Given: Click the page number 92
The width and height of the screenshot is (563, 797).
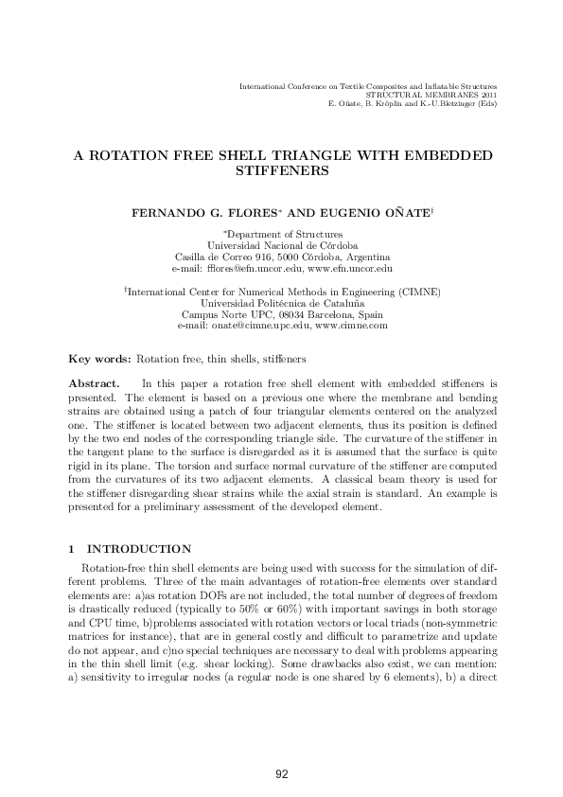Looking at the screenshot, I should pos(281,775).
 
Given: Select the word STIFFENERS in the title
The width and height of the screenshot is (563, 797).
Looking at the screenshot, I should pos(281,172).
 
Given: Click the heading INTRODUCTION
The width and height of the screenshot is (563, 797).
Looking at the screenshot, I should pos(139,549).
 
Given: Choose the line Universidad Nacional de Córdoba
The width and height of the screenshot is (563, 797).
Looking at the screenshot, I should pos(281,245).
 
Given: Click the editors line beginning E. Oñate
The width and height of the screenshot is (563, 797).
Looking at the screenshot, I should pos(412,103).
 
